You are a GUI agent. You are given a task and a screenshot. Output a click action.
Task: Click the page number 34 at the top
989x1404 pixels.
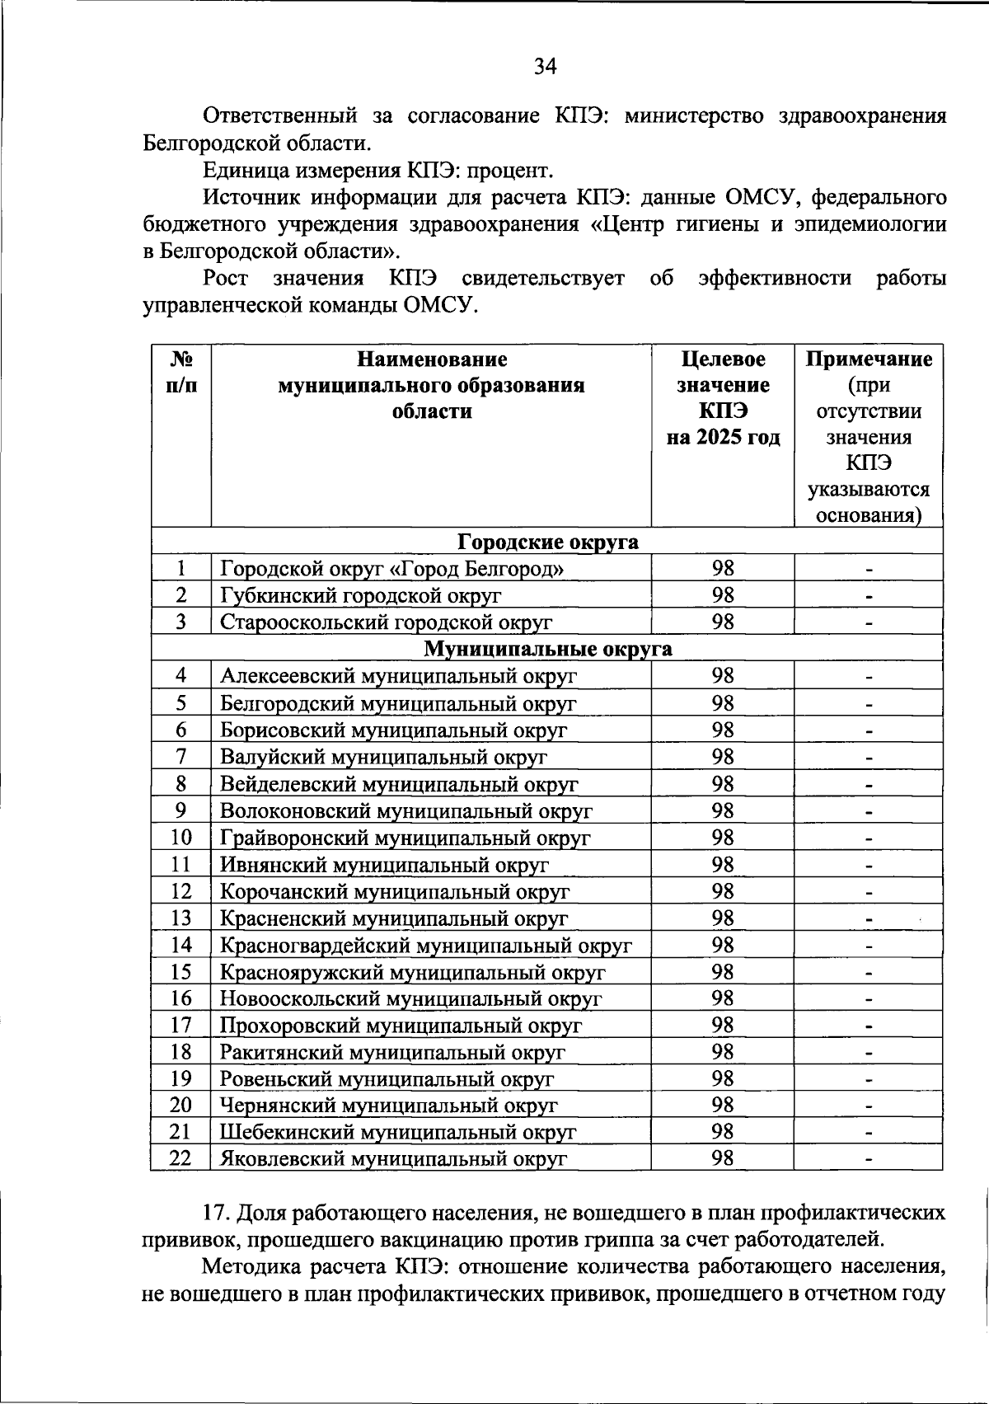pos(545,67)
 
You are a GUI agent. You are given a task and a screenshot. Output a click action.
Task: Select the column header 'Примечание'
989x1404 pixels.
pos(869,359)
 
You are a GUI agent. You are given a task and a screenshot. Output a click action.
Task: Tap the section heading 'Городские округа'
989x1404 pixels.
pos(547,542)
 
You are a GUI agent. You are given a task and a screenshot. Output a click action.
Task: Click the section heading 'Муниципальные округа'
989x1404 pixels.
pos(547,649)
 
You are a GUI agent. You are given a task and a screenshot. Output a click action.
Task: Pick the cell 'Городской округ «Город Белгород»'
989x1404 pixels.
pos(392,568)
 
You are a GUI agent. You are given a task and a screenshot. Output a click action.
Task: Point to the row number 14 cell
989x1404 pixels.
pos(180,945)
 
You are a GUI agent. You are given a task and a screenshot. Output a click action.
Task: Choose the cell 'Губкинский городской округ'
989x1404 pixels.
pos(360,595)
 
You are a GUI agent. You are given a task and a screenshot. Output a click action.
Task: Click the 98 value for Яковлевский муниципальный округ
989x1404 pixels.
pos(723,1158)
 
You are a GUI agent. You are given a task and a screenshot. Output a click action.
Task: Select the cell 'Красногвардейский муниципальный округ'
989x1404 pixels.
pos(425,945)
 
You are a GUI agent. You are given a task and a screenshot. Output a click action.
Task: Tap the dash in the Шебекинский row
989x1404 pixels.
pos(869,1133)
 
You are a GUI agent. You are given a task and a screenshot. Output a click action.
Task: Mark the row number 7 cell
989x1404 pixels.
pos(180,757)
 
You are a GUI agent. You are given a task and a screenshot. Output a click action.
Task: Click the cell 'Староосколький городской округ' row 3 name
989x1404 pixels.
pos(386,622)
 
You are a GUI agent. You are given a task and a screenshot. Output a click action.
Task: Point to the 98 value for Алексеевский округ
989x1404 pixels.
pos(723,676)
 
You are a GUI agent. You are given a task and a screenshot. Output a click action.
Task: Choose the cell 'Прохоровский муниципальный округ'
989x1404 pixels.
pos(401,1026)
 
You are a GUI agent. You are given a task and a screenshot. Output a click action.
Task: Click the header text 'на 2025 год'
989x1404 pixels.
pos(723,437)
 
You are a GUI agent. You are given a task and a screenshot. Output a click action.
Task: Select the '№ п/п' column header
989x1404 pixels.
pos(180,372)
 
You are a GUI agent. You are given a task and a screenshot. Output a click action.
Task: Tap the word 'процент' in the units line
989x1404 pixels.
pos(505,171)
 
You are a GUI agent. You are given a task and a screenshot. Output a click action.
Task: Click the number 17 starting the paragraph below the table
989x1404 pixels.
pos(214,1214)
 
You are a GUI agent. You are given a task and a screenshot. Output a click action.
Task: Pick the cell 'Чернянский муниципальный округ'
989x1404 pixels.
pos(388,1106)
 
